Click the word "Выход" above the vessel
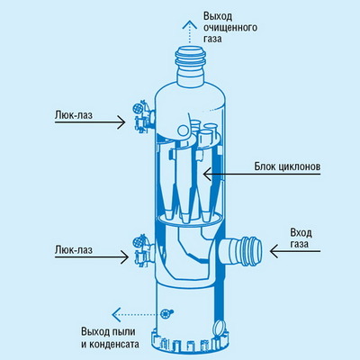click(218, 16)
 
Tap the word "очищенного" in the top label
click(230, 28)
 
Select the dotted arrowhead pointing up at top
click(189, 24)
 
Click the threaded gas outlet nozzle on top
click(190, 66)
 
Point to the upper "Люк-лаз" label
click(74, 114)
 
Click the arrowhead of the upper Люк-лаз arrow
click(121, 122)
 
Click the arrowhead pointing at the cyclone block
click(207, 174)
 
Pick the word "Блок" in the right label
click(263, 166)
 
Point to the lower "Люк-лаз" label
click(74, 249)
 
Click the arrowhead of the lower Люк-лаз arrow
click(125, 256)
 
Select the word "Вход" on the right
click(301, 232)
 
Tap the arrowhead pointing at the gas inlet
click(274, 251)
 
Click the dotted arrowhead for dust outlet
click(116, 315)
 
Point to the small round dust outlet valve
click(166, 314)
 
